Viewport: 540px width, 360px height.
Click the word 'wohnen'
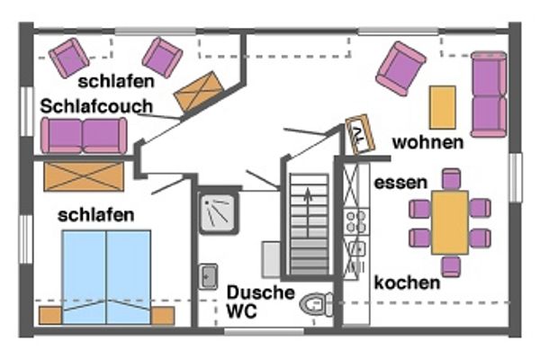pyautogui.click(x=428, y=142)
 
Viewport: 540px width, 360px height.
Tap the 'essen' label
pyautogui.click(x=400, y=183)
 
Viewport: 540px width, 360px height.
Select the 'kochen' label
pyautogui.click(x=408, y=283)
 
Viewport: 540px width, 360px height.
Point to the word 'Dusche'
pyautogui.click(x=261, y=293)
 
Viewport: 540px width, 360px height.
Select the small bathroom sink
pyautogui.click(x=208, y=276)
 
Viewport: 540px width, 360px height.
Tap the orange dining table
pyautogui.click(x=449, y=221)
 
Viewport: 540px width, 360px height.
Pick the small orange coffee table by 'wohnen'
pyautogui.click(x=442, y=108)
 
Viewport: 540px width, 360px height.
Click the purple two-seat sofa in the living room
pyautogui.click(x=488, y=94)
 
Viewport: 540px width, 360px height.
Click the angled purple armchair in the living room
pyautogui.click(x=400, y=67)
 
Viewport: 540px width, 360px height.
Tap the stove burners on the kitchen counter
pyautogui.click(x=356, y=220)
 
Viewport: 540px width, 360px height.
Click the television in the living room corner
pyautogui.click(x=360, y=133)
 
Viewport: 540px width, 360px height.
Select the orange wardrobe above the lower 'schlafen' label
pyautogui.click(x=83, y=176)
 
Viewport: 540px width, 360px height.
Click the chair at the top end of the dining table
pyautogui.click(x=450, y=179)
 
